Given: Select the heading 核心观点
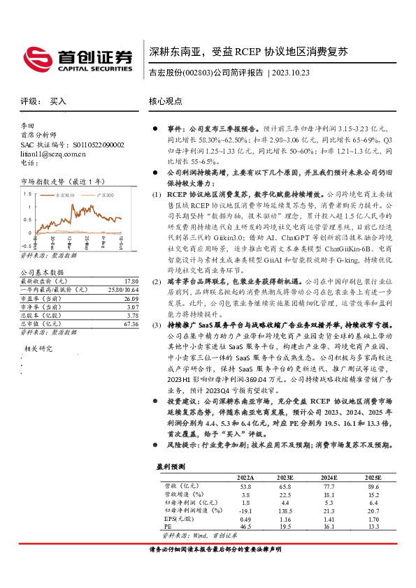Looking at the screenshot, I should coord(166,101).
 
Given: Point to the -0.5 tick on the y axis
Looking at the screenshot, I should coord(26,246).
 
